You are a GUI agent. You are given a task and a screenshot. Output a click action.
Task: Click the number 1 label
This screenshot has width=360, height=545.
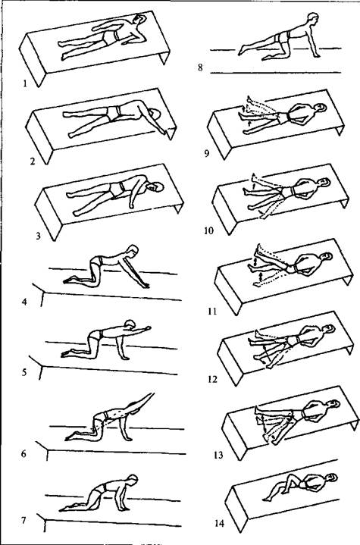(25, 83)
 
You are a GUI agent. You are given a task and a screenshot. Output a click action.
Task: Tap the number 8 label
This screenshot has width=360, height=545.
(200, 67)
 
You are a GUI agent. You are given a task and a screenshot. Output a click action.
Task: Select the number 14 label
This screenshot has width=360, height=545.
(220, 523)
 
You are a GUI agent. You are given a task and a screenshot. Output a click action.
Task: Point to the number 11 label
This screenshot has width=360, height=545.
(212, 311)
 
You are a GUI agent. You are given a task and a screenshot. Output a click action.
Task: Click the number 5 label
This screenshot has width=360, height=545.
(24, 373)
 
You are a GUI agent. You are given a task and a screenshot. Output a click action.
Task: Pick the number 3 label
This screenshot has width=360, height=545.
(38, 236)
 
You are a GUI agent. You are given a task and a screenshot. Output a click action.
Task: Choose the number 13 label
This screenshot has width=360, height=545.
(218, 455)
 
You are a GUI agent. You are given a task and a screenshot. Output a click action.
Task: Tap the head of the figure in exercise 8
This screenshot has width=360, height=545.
(313, 18)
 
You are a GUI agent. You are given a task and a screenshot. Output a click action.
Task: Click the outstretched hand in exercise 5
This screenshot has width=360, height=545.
(148, 327)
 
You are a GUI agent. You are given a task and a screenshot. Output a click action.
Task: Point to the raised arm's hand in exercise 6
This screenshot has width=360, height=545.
(151, 395)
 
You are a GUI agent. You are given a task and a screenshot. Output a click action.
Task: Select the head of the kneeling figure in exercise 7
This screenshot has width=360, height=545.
(133, 479)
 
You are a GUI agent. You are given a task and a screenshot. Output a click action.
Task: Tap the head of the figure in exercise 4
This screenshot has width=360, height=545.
(133, 250)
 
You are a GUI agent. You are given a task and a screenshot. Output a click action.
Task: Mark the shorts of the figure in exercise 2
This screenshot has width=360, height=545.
(114, 113)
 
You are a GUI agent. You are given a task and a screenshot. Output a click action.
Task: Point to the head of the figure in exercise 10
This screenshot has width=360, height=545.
(324, 182)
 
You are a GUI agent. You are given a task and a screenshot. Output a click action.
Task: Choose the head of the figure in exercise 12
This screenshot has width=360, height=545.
(328, 328)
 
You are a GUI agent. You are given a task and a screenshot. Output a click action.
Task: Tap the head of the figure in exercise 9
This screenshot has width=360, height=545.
(320, 108)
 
